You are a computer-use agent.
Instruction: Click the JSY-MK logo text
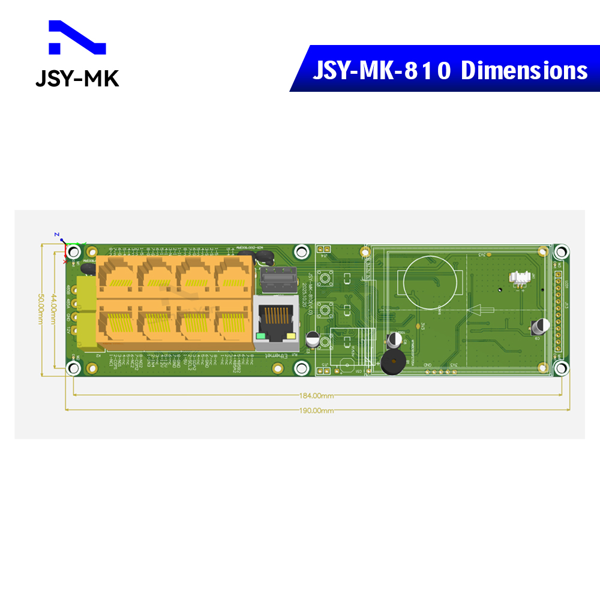tap(77, 78)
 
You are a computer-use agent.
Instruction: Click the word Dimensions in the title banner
tap(524, 71)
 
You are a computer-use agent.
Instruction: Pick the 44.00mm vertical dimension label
tap(53, 308)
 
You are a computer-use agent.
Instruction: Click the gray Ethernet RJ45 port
tap(276, 323)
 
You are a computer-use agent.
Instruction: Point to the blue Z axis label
tap(56, 234)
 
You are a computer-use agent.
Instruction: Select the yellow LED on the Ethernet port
tap(292, 336)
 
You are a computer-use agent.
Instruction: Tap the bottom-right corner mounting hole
tap(561, 367)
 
